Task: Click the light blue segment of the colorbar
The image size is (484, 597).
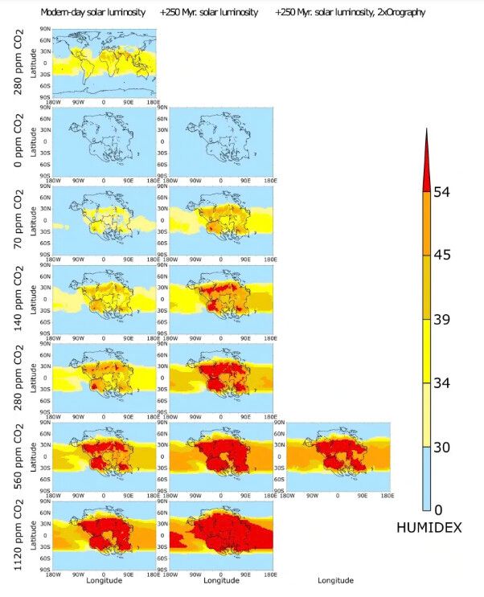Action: click(429, 478)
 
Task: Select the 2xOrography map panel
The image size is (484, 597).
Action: click(337, 456)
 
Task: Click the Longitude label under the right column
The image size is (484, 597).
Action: click(335, 580)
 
